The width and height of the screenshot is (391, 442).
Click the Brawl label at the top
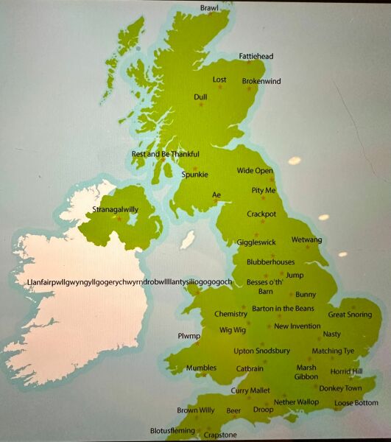[x=210, y=8]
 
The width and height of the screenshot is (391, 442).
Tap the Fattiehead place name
[x=256, y=56]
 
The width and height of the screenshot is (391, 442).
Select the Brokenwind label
[x=261, y=82]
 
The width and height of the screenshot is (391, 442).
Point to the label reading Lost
[x=219, y=80]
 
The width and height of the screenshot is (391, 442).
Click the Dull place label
[x=200, y=97]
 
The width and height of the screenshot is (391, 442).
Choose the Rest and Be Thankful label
[x=165, y=154]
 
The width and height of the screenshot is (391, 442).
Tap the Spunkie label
[x=195, y=175]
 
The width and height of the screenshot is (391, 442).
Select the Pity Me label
[x=263, y=190]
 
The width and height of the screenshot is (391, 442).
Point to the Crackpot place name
[x=261, y=214]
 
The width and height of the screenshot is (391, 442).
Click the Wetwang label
[x=306, y=240]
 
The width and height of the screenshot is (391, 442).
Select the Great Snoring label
[x=350, y=315]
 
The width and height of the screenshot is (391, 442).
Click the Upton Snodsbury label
[x=262, y=351]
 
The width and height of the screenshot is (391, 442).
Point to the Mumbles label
[x=201, y=368]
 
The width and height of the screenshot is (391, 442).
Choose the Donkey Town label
[x=341, y=388]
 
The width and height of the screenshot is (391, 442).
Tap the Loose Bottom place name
[x=356, y=403]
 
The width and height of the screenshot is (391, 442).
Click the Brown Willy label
[x=196, y=410]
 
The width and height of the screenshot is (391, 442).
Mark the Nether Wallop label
[x=296, y=401]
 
